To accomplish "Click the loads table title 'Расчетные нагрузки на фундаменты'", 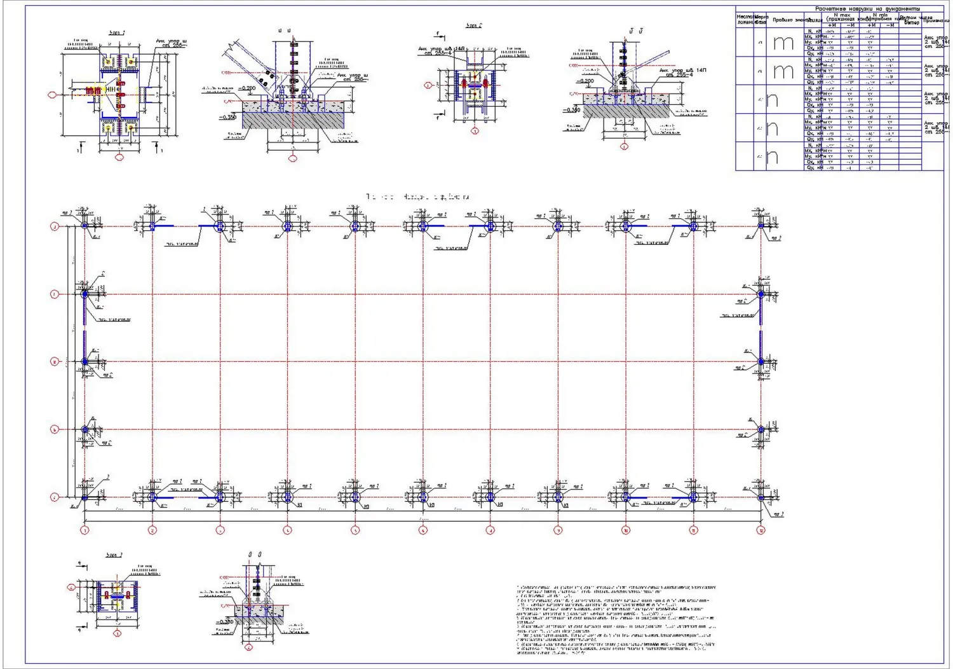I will coord(867,9).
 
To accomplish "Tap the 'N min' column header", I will coord(883,15).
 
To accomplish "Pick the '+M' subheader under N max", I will coord(832,25).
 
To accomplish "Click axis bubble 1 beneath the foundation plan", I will coord(84,530).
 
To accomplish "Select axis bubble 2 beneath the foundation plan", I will coord(152,530).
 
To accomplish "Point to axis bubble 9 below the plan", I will coord(558,530).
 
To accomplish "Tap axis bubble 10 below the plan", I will coord(626,530).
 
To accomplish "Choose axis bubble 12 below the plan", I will coord(760,530).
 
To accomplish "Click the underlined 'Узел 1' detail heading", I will coord(118,32).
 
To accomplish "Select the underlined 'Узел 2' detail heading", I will coord(474,26).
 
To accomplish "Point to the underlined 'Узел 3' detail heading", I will coord(114,555).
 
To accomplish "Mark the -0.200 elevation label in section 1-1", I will coord(247,88).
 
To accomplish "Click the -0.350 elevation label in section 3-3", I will coord(226,622).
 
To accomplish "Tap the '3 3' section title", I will coord(255,555).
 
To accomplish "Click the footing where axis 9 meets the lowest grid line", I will coord(558,497).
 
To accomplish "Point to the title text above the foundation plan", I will coord(417,197).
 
